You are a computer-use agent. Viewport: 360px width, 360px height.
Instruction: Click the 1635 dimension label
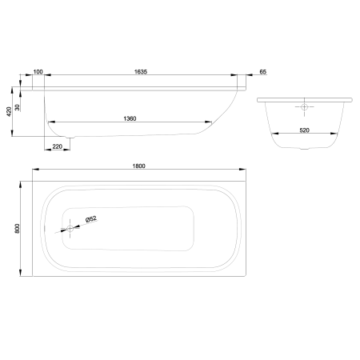(141, 72)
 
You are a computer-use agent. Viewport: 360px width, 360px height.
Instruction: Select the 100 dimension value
(38, 72)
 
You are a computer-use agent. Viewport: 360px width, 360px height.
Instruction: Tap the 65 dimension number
(263, 72)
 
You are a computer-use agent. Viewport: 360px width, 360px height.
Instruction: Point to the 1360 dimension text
(130, 118)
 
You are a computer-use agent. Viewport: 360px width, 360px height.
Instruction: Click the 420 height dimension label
(9, 111)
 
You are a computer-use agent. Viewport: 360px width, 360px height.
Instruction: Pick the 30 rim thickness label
(18, 107)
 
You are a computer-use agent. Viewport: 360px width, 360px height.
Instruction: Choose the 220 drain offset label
(58, 146)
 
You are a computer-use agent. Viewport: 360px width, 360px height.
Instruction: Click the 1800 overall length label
(139, 166)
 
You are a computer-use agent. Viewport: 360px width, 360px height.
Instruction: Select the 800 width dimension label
(17, 229)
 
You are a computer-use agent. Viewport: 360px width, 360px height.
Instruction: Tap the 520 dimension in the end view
(304, 130)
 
